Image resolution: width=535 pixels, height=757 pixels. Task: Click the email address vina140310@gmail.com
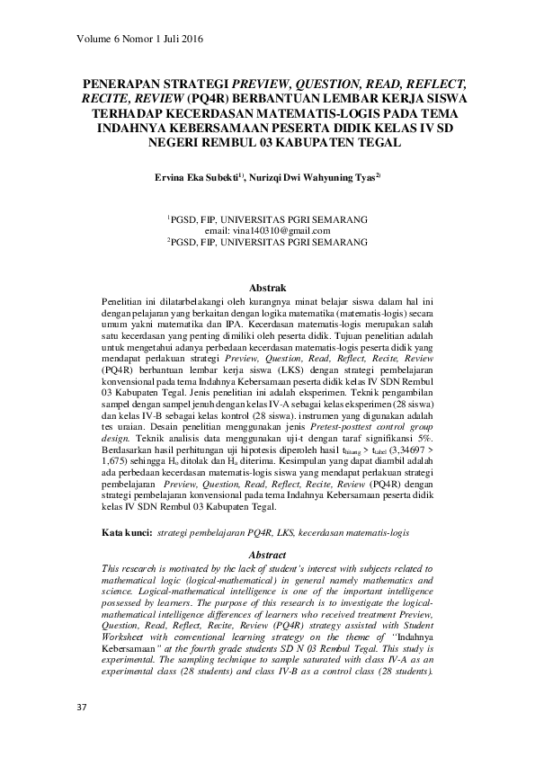(x=270, y=231)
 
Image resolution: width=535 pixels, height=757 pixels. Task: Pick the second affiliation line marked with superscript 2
(x=267, y=243)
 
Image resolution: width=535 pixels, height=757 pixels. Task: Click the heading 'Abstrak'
(x=267, y=286)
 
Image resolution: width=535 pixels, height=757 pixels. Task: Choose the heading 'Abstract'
(x=266, y=556)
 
